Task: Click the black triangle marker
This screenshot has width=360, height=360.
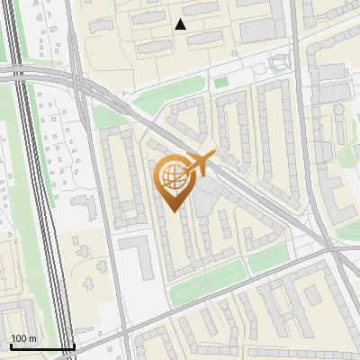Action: click(x=181, y=24)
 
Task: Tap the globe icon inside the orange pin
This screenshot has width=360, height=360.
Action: click(x=172, y=175)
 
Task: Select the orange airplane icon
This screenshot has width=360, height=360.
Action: click(x=200, y=163)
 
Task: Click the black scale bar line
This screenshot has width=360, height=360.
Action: click(x=41, y=347)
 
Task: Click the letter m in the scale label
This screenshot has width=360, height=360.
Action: click(x=32, y=339)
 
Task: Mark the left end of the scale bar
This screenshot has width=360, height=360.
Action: click(x=10, y=347)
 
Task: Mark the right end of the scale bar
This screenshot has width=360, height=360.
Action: click(x=74, y=347)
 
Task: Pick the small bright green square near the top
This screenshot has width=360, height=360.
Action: click(x=221, y=83)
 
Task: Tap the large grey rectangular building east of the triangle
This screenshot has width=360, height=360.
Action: click(x=260, y=30)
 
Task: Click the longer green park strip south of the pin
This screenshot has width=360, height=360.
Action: click(x=204, y=286)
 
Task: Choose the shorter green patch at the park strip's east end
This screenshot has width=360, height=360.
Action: click(x=267, y=260)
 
